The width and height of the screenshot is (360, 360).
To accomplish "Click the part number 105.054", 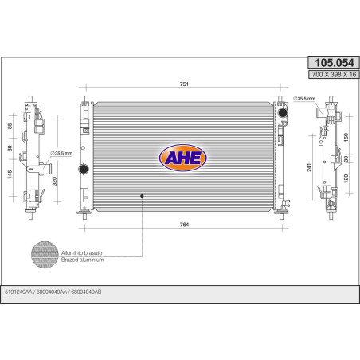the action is [334, 63].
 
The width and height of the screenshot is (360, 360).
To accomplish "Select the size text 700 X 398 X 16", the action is [334, 74].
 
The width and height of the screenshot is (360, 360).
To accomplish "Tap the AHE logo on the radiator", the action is [183, 158].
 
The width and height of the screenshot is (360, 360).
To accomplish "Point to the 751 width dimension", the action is [184, 84].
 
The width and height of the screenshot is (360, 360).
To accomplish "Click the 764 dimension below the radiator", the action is [184, 225].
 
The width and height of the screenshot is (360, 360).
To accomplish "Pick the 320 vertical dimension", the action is [54, 181].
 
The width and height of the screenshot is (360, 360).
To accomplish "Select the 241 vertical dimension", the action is [309, 167].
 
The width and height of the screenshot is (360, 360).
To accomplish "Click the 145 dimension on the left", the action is [10, 174].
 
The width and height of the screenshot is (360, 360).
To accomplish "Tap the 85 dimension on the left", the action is [10, 126].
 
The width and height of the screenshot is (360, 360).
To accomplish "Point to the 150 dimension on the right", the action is [346, 137].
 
